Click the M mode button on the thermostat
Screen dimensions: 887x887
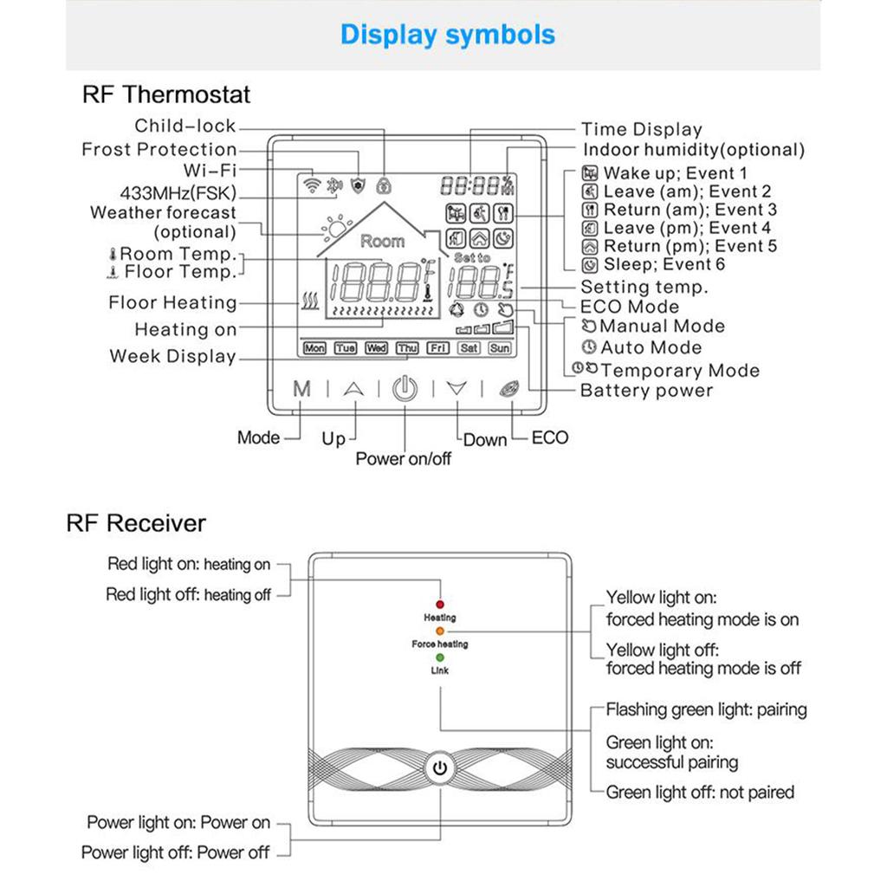click(x=301, y=389)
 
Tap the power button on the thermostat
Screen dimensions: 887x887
click(x=405, y=389)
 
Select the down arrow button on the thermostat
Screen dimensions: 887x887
click(x=456, y=389)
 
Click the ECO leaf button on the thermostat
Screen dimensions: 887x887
click(x=508, y=389)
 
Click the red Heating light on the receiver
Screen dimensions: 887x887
click(x=440, y=604)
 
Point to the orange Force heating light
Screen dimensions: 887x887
click(x=440, y=631)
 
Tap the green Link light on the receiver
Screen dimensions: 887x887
click(x=440, y=657)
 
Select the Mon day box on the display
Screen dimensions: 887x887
click(x=314, y=348)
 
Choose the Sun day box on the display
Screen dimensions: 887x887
click(x=499, y=348)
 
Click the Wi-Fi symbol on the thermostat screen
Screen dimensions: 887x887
click(x=311, y=185)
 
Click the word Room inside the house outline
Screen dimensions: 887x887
click(x=382, y=241)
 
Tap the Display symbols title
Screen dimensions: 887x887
click(x=447, y=35)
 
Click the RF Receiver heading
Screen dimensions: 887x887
click(x=136, y=523)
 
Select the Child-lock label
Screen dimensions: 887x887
click(x=185, y=126)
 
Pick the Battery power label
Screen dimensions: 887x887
click(x=646, y=391)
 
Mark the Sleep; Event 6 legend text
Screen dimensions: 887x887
click(x=664, y=264)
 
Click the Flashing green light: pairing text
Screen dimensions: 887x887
click(x=706, y=710)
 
